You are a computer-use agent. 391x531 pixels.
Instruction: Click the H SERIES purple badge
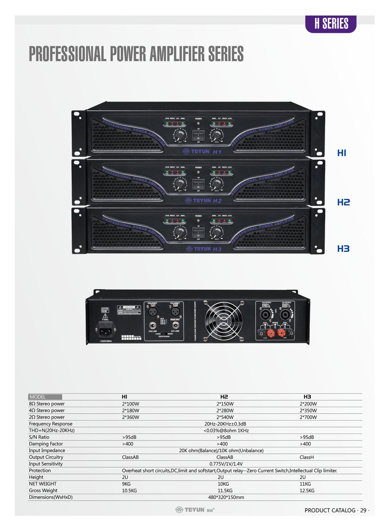[331, 24]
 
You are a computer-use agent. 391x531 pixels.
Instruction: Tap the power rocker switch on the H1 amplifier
[198, 136]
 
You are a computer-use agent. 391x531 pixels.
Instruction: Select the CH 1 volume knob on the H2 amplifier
[180, 184]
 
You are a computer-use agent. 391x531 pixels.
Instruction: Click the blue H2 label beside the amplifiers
[344, 202]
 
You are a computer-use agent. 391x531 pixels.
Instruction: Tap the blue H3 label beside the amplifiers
[344, 249]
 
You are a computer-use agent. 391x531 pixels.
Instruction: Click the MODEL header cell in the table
[45, 397]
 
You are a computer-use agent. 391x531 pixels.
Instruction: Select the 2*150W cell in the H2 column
[225, 404]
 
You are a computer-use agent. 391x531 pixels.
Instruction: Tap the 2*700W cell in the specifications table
[308, 417]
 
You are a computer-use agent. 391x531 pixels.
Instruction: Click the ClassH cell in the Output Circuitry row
[307, 457]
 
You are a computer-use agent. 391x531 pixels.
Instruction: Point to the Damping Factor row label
[46, 444]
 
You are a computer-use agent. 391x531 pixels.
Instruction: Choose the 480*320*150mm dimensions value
[226, 497]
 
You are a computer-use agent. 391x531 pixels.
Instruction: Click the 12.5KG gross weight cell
[307, 491]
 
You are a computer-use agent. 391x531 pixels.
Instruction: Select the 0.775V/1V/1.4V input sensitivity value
[226, 464]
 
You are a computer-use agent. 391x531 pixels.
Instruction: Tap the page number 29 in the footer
[363, 510]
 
